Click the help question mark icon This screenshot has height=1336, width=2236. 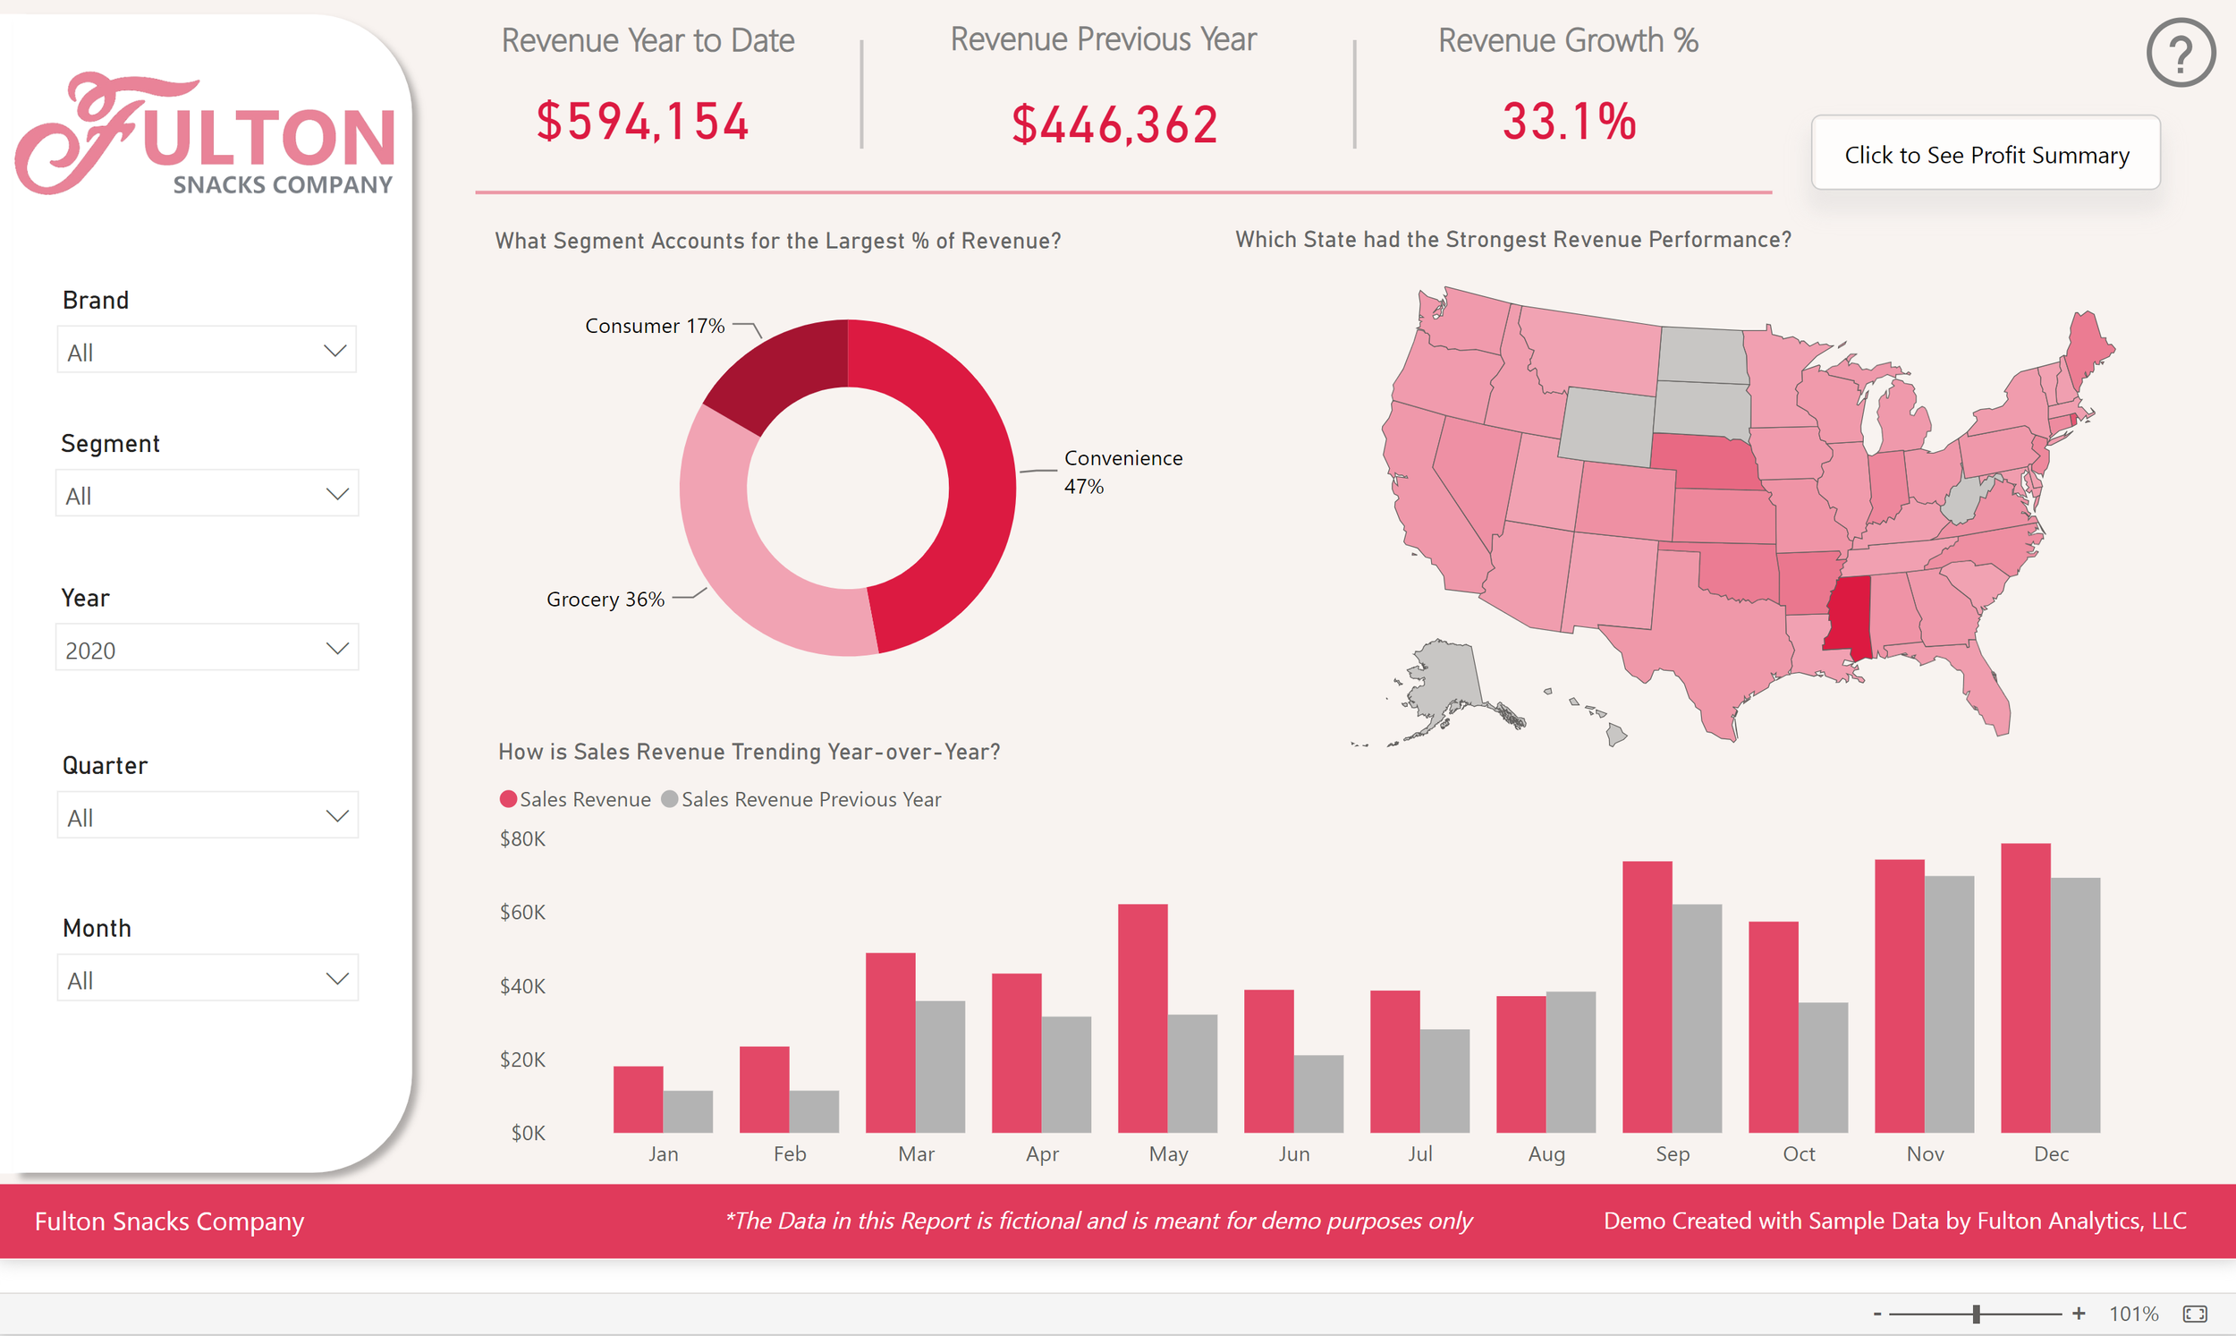[x=2181, y=53]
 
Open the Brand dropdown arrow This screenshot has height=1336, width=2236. [x=335, y=351]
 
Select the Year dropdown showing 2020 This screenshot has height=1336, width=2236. [x=207, y=648]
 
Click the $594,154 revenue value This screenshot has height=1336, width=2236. [x=642, y=122]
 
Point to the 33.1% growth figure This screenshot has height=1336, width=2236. [x=1569, y=122]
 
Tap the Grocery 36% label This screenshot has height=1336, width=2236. [x=605, y=600]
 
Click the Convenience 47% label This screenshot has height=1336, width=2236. [x=1122, y=472]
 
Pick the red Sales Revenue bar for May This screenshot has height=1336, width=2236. [x=1142, y=1017]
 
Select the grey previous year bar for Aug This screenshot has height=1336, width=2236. [x=1571, y=1062]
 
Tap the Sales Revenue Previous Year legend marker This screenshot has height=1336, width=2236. [x=669, y=799]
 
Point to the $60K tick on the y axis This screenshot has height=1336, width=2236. [x=523, y=913]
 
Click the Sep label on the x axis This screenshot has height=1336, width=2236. [x=1672, y=1154]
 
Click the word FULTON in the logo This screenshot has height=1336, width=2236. [x=268, y=137]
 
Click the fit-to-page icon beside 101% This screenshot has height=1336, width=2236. [x=2195, y=1315]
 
